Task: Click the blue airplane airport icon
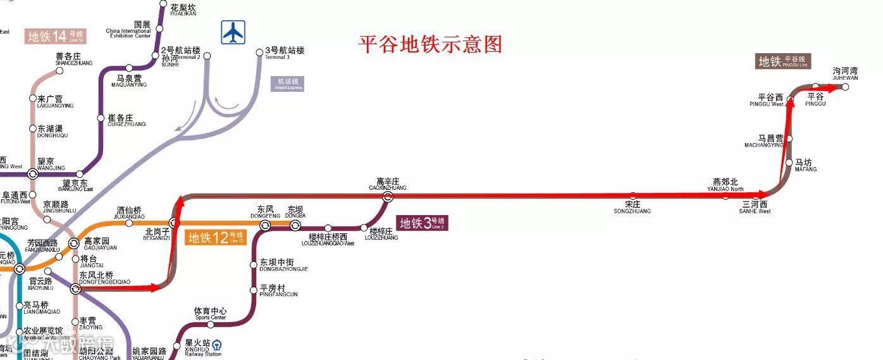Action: (233, 32)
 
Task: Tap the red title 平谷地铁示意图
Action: (430, 44)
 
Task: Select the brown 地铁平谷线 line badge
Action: (784, 61)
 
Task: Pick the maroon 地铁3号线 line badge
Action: (423, 223)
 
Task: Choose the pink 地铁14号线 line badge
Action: (56, 36)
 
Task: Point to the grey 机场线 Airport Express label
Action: (288, 84)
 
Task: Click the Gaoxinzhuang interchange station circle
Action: (388, 197)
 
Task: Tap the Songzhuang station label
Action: (632, 207)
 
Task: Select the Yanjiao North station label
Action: (725, 185)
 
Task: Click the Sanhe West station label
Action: (755, 207)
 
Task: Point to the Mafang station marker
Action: (789, 163)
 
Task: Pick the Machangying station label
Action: (763, 140)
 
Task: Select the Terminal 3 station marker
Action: (259, 53)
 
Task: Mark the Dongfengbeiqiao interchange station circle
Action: (76, 289)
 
